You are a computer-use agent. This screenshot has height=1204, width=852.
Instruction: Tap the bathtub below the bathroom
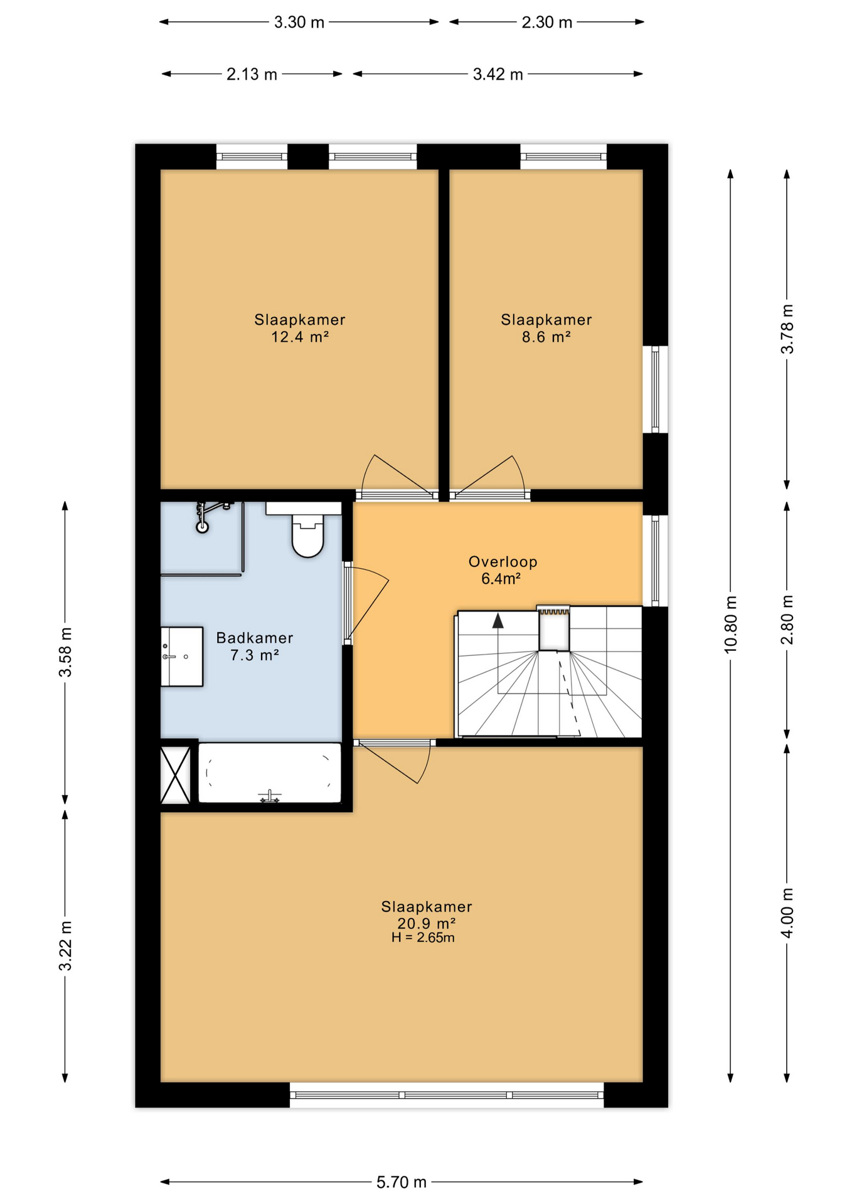(270, 773)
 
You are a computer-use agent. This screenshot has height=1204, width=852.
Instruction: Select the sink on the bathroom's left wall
(182, 657)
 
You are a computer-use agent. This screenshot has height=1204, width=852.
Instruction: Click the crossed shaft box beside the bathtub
(176, 775)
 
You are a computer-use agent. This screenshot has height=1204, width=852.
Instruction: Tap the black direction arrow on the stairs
(498, 621)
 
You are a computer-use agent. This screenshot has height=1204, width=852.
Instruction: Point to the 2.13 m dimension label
(252, 75)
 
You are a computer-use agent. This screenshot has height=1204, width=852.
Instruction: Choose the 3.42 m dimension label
(498, 75)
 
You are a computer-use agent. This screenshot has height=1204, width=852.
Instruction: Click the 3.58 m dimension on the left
(65, 652)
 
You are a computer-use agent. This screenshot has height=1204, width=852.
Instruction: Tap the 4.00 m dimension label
(787, 913)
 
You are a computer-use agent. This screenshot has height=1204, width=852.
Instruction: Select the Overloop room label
(503, 562)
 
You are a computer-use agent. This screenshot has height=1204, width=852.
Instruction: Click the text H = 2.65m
(423, 938)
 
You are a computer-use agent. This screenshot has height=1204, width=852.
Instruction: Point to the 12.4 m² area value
(300, 337)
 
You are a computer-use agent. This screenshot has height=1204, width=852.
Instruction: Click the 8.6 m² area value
(546, 337)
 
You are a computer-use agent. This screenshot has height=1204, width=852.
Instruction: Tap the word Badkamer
(255, 638)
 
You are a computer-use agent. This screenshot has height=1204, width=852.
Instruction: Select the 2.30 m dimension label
(547, 23)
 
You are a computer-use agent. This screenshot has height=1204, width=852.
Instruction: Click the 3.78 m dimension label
(787, 329)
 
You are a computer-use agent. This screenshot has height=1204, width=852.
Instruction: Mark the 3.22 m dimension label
(65, 946)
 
